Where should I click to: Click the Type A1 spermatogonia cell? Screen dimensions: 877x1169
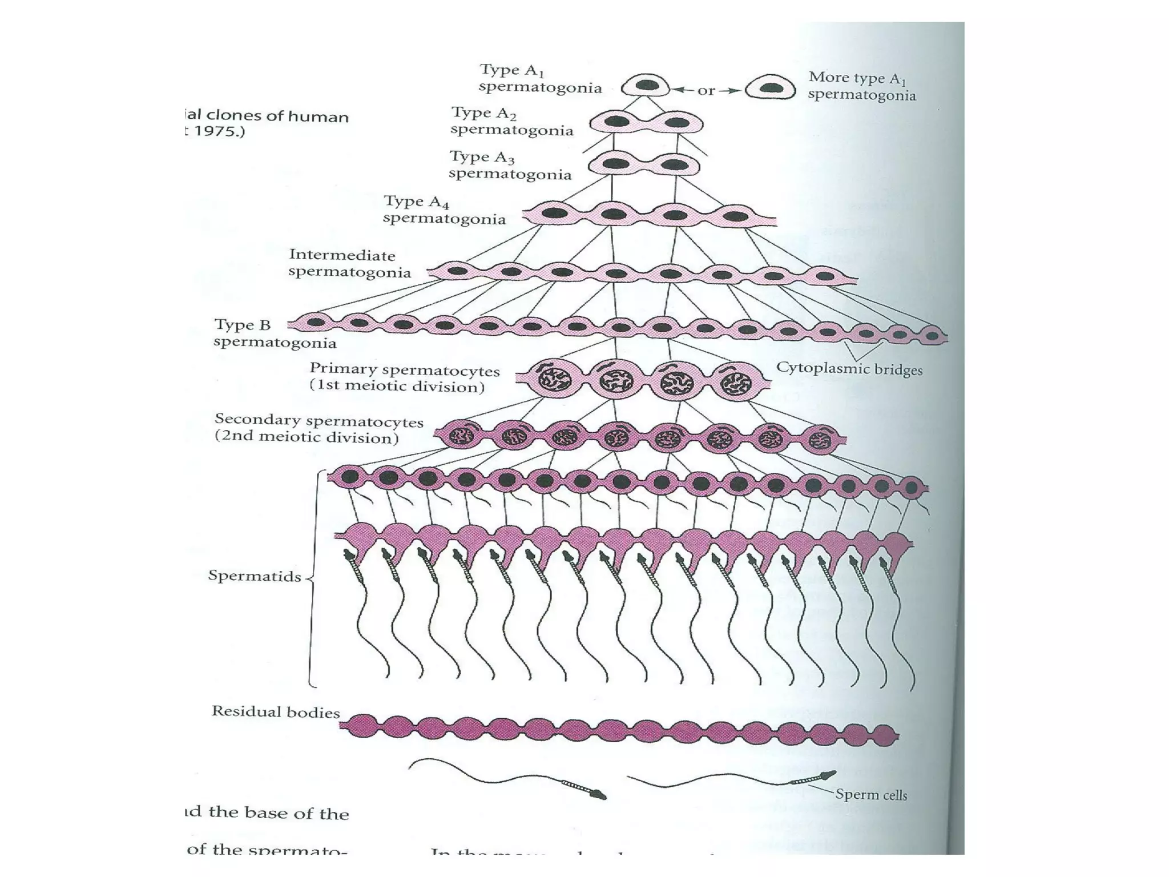tap(646, 86)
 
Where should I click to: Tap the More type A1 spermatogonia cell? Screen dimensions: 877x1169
tap(771, 87)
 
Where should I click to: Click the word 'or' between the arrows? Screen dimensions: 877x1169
tap(706, 90)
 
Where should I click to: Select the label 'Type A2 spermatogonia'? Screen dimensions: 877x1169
tap(511, 121)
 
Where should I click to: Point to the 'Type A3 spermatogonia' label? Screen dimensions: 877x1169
tap(510, 165)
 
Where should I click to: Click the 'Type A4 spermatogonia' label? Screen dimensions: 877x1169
tap(444, 210)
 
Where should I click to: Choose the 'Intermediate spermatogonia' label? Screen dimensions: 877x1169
tap(349, 263)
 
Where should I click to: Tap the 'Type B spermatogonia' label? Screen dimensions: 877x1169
tap(275, 333)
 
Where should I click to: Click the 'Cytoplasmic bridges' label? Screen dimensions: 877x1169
tap(849, 368)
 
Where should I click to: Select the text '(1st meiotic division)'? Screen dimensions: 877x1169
tap(397, 386)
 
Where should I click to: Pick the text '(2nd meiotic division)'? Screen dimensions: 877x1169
tap(307, 437)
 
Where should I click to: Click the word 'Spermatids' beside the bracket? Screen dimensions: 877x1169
tap(255, 576)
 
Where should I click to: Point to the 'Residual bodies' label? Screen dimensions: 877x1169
tap(276, 711)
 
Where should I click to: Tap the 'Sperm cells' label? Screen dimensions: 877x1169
tap(870, 794)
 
